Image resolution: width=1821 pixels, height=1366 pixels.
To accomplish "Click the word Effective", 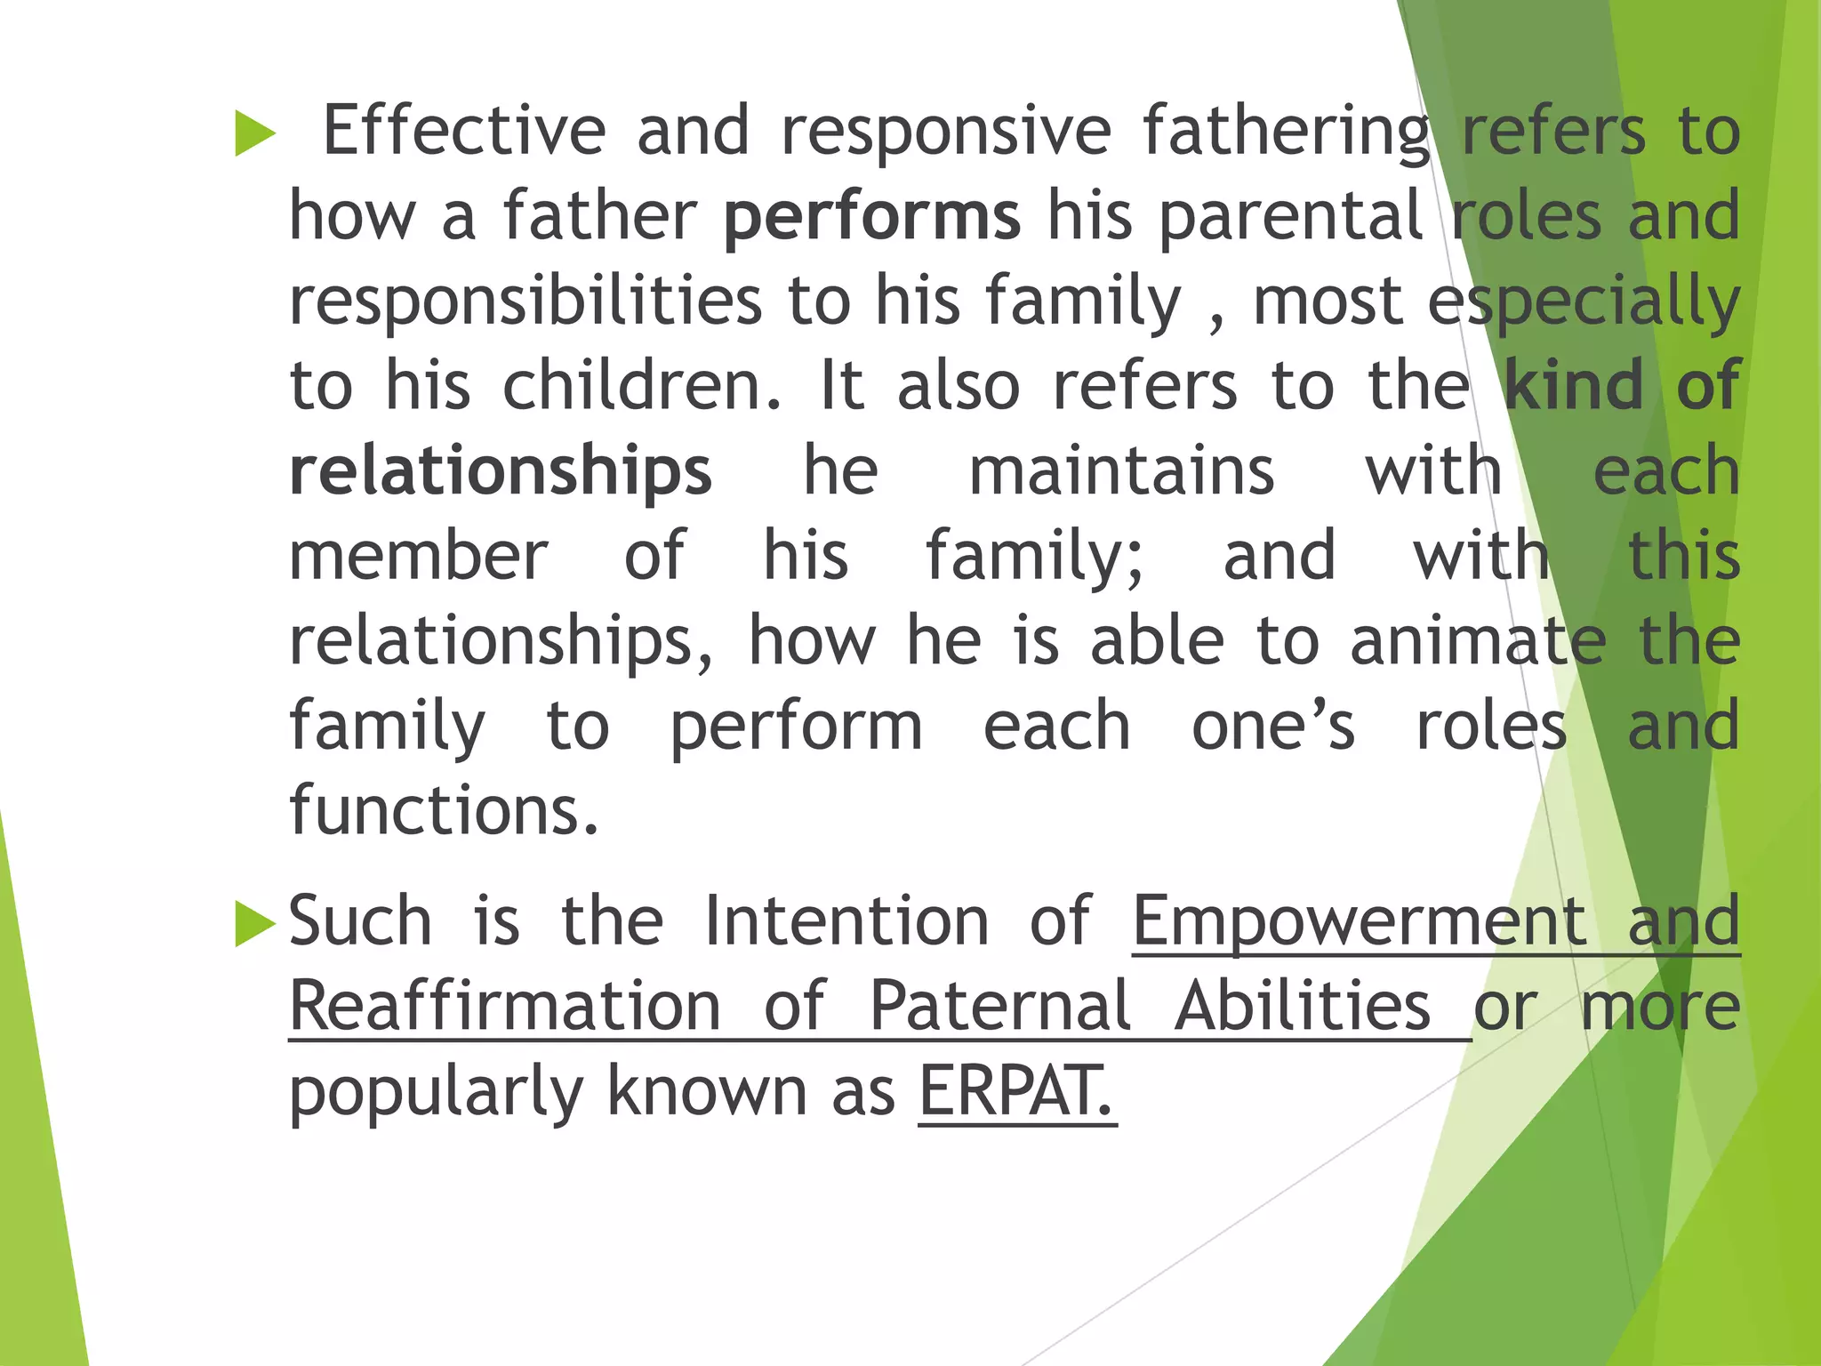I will point(463,131).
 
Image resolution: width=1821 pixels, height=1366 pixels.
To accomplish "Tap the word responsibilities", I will point(525,301).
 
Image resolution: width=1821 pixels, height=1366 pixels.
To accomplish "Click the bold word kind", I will point(1574,385).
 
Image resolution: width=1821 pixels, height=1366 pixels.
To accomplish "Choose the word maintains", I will point(1121,470).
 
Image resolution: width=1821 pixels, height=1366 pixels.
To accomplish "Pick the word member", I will point(419,556).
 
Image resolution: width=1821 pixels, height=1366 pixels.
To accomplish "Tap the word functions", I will point(444,811).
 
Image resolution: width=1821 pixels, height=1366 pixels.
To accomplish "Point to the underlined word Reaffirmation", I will point(505,1006).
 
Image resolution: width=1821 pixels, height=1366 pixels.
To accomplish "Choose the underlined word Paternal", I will point(999,1006).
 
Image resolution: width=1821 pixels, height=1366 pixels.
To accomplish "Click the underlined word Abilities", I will point(1302,1006).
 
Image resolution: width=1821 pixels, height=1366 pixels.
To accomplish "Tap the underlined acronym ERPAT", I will point(1016,1091).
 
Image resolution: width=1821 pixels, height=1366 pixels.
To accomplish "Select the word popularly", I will point(436,1093).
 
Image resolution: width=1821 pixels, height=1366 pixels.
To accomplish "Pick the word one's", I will point(1272,727).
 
